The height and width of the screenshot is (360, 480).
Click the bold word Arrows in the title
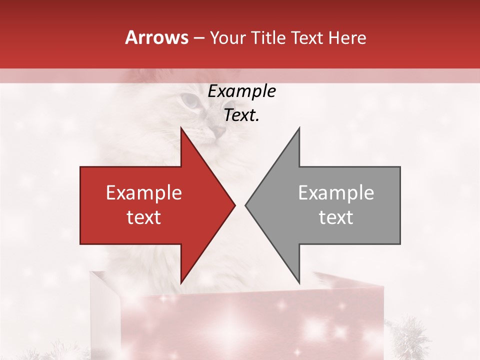point(157,38)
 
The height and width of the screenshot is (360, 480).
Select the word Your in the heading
point(228,38)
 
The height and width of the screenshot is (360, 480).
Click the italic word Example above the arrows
point(241,91)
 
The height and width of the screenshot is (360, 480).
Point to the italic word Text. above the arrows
point(241,115)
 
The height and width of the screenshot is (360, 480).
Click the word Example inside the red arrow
point(144,193)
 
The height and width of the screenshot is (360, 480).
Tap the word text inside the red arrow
point(144,217)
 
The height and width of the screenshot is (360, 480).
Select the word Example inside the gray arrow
point(336,193)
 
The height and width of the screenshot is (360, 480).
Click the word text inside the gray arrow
point(336,217)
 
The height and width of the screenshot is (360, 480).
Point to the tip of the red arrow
point(234,205)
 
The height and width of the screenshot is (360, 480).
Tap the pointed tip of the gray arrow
point(246,205)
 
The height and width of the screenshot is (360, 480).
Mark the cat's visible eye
point(189,101)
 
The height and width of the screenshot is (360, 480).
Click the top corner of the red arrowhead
point(181,128)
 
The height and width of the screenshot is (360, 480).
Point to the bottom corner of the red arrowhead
point(181,282)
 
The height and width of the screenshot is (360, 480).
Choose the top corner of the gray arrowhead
point(299,128)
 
